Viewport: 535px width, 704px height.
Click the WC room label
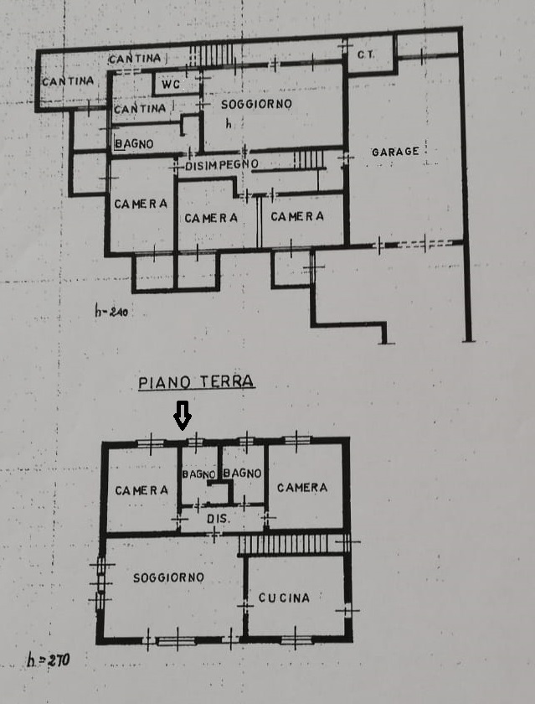(x=171, y=85)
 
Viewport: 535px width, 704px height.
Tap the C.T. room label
(x=366, y=54)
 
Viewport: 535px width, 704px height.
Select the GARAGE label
(x=395, y=152)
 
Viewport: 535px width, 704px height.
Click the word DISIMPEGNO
(x=222, y=165)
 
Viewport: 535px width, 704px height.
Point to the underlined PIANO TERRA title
(x=197, y=382)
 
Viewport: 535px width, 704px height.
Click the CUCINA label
(x=284, y=598)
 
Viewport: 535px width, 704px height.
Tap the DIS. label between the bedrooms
(x=219, y=519)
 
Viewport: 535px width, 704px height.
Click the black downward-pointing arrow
(x=182, y=416)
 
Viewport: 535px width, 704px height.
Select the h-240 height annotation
(x=111, y=310)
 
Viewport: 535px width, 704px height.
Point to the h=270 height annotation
(x=49, y=660)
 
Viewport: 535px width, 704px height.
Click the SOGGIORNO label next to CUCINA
(x=168, y=577)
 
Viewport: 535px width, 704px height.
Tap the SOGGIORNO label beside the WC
(x=256, y=104)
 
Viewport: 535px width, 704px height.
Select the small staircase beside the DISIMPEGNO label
(x=309, y=159)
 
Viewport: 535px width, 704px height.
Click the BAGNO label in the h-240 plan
(x=134, y=143)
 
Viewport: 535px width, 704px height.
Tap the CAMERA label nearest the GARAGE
(x=297, y=216)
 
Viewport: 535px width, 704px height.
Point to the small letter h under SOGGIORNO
(x=229, y=123)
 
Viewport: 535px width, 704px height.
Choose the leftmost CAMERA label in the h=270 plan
(x=141, y=490)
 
